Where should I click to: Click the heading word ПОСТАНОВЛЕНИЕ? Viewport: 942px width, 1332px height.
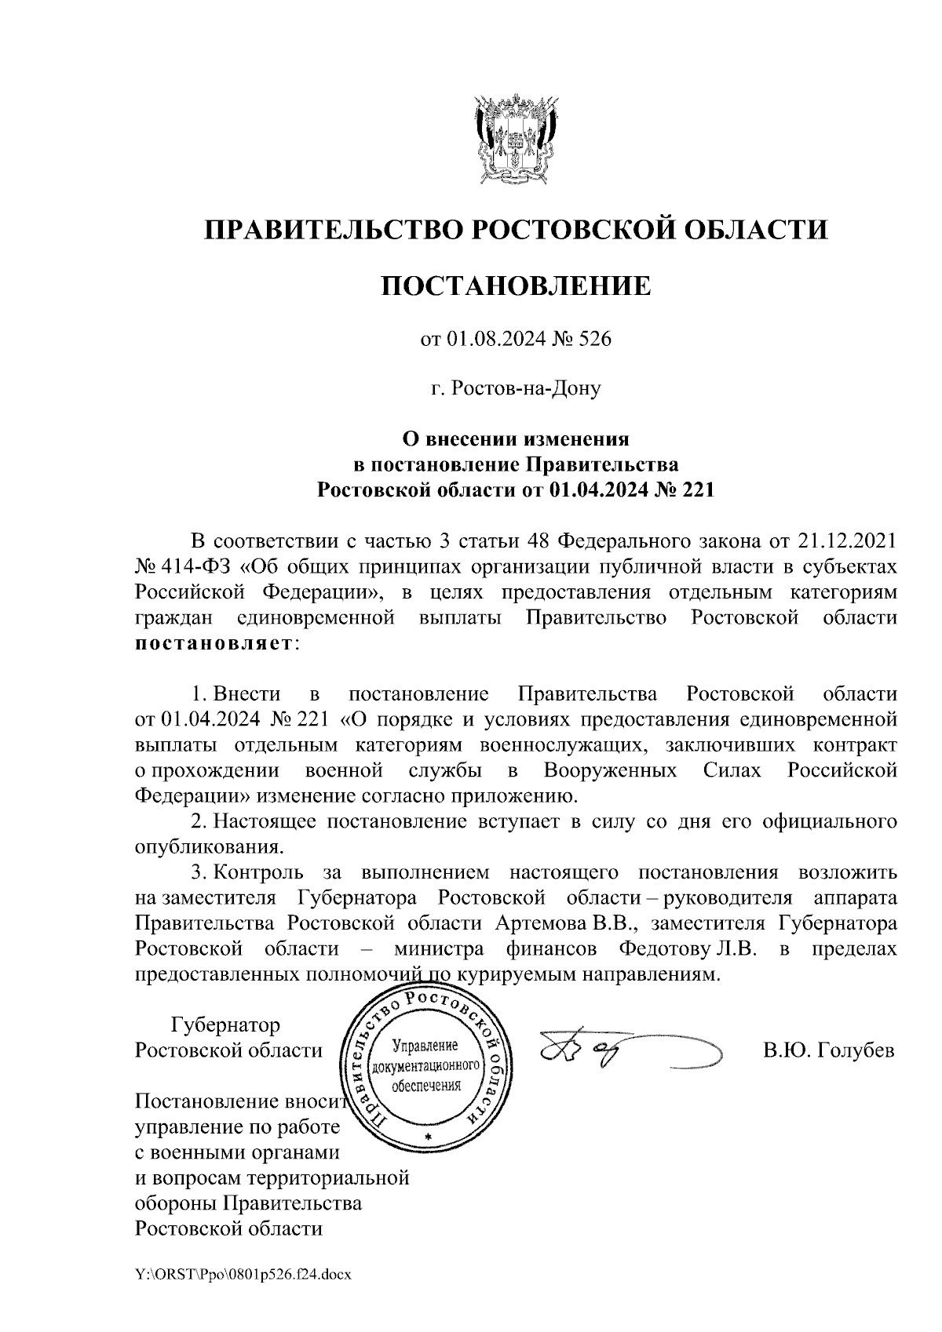click(x=516, y=286)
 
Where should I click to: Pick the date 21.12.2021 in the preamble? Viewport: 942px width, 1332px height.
click(x=846, y=541)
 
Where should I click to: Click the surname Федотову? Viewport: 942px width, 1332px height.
click(x=664, y=948)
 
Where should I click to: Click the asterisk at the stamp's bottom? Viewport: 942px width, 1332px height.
click(x=428, y=1137)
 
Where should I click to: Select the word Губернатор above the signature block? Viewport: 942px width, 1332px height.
click(x=225, y=1025)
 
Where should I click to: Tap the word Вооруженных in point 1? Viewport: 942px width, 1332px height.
click(x=611, y=770)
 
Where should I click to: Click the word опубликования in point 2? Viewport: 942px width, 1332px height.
click(x=208, y=847)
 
